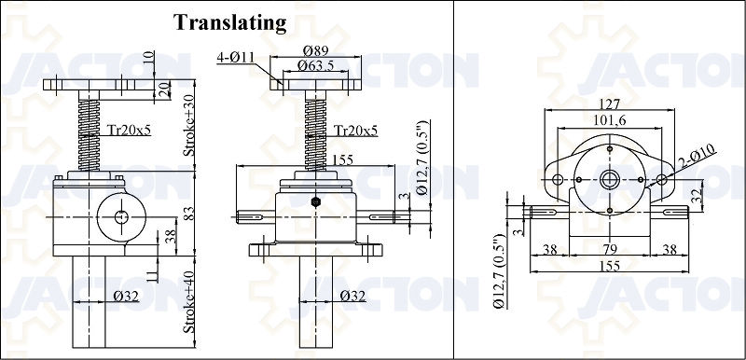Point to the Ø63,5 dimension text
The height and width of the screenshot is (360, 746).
click(x=314, y=65)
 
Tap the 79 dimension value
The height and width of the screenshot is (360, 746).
click(x=607, y=251)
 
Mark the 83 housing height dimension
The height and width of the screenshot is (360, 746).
click(x=189, y=215)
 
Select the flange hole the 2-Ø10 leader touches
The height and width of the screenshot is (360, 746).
click(x=664, y=177)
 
